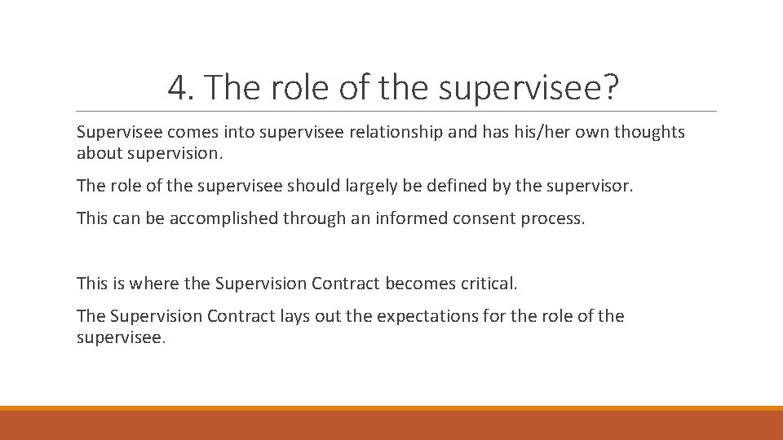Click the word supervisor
pyautogui.click(x=594, y=186)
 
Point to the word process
pyautogui.click(x=555, y=218)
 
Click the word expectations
pyautogui.click(x=421, y=316)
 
